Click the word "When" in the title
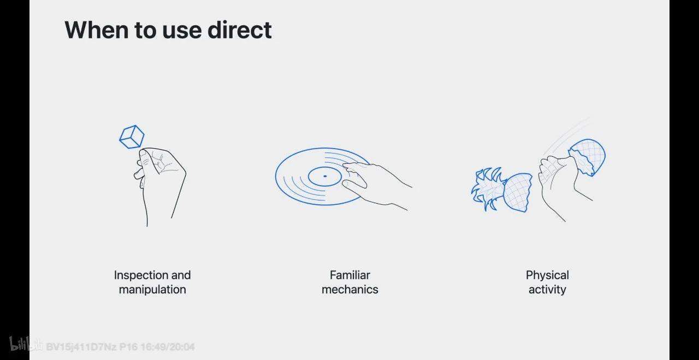coord(97,30)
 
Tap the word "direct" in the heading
coord(239,30)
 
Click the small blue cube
coord(132,137)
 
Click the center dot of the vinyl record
coord(325,176)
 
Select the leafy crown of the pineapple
coord(488,188)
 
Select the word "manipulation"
coord(152,290)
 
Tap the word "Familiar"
coord(350,275)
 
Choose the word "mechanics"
coord(350,290)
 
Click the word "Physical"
coord(547,275)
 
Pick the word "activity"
coord(547,290)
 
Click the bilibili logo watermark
coord(26,344)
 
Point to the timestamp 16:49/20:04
coord(168,347)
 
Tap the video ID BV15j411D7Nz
coord(81,347)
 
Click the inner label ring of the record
coord(325,167)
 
